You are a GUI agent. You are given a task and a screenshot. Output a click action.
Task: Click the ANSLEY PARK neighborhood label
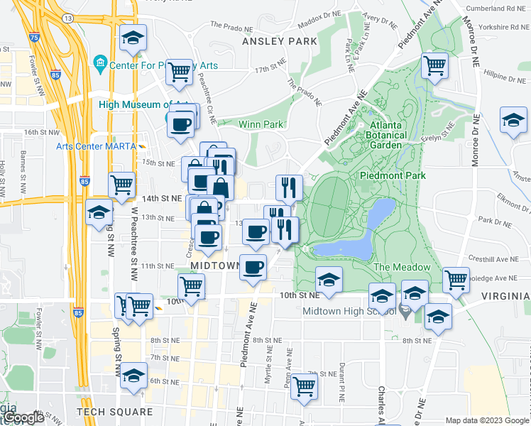click(x=280, y=41)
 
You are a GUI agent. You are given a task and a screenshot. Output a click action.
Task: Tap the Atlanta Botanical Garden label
click(x=387, y=131)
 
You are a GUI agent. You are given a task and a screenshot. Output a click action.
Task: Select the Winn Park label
click(x=263, y=124)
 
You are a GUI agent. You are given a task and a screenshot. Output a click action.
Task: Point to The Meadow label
click(x=402, y=267)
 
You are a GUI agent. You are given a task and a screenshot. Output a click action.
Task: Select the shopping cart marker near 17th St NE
click(x=180, y=71)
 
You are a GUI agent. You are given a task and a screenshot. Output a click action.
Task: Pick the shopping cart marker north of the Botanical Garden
click(x=434, y=66)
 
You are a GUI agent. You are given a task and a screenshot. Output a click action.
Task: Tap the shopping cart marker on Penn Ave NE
click(x=304, y=386)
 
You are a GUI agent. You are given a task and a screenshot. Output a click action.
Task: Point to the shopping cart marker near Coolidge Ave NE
click(x=456, y=279)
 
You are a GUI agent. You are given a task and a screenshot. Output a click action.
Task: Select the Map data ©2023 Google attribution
click(x=487, y=420)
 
